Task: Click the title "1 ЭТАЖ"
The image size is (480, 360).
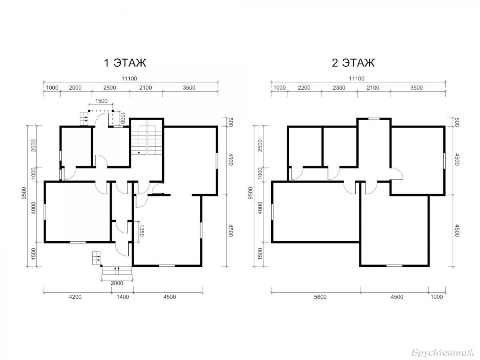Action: point(125,63)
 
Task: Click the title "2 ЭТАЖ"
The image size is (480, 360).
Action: point(353,63)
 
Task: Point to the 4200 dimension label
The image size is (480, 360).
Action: point(75,297)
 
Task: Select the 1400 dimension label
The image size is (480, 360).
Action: point(123,297)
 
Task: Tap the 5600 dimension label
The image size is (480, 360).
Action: point(320,297)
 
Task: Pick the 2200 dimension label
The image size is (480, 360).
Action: point(304,88)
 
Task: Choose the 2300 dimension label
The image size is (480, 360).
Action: point(339,88)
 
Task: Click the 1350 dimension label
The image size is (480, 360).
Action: point(142,231)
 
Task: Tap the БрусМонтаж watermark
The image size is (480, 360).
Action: point(443,353)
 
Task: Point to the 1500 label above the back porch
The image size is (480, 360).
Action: point(101,101)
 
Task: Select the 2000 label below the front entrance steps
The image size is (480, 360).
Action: point(117,283)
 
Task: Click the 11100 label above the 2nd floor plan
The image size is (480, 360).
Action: point(357,78)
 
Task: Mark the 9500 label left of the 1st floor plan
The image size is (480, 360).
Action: point(24,193)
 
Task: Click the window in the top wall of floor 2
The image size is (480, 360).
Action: point(374,119)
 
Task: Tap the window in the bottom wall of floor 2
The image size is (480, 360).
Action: point(394,266)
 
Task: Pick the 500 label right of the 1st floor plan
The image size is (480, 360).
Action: point(231,122)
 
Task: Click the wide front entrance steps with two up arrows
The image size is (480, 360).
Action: point(117,270)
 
